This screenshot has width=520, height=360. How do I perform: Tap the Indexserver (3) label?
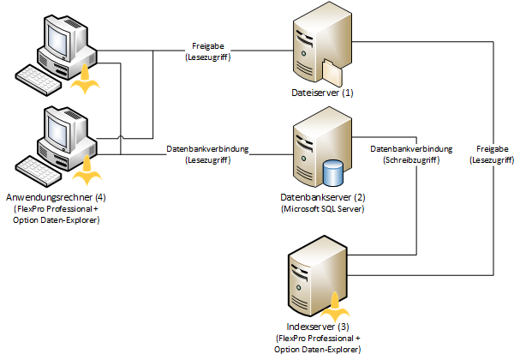click(x=317, y=327)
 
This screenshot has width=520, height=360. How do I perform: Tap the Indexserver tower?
click(x=314, y=274)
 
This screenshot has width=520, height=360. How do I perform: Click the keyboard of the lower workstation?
click(x=43, y=171)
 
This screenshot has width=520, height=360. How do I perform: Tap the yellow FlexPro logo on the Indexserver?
click(x=335, y=303)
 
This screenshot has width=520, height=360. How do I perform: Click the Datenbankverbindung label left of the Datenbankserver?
click(x=207, y=148)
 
